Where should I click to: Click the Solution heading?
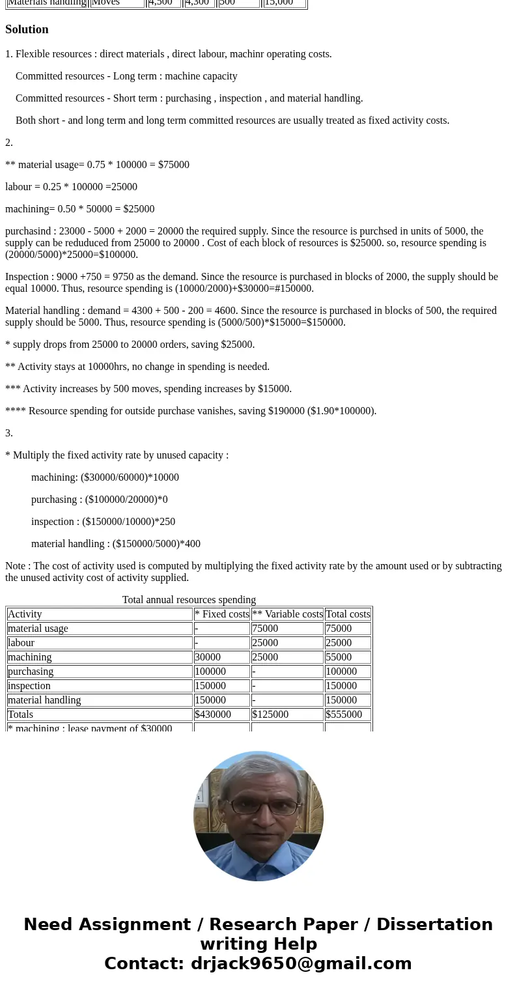(x=27, y=29)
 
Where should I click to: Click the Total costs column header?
(x=348, y=614)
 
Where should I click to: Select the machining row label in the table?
(x=29, y=657)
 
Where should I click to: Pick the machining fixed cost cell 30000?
(x=208, y=657)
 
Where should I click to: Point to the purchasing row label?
(x=31, y=672)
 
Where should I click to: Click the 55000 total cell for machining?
(x=339, y=657)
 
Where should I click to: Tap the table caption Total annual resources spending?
(x=189, y=600)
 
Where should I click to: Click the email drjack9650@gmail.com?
(x=301, y=963)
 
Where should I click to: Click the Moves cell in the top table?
(x=105, y=3)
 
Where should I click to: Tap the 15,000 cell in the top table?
(x=279, y=3)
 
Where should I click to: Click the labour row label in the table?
(x=21, y=643)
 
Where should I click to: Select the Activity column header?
(x=25, y=614)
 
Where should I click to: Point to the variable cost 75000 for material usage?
(x=265, y=629)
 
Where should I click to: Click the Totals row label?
(x=20, y=715)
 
